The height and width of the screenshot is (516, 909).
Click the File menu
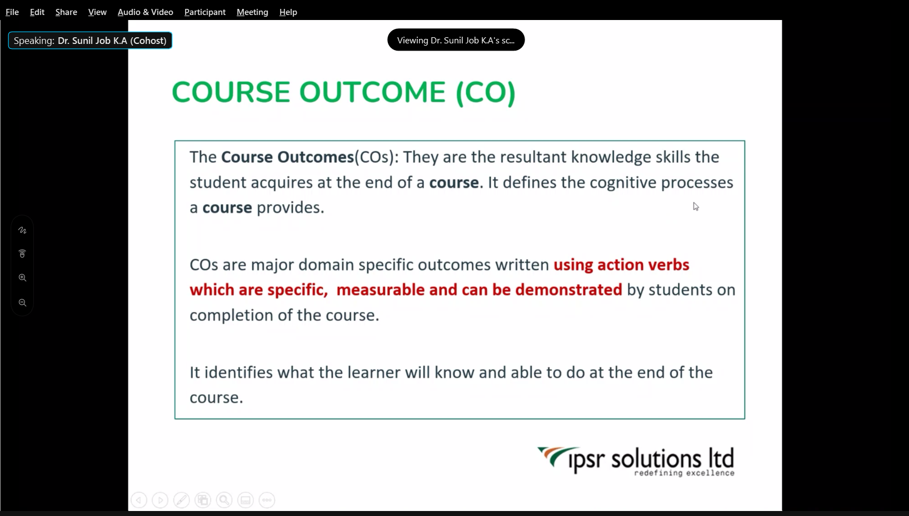(x=12, y=12)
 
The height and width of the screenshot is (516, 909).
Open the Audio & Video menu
(x=145, y=12)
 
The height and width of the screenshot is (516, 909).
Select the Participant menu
(x=205, y=12)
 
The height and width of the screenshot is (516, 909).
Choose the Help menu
(x=288, y=12)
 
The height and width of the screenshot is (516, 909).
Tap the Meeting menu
(x=252, y=12)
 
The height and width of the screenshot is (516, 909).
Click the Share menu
(x=66, y=12)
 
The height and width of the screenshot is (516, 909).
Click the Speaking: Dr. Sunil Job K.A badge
(x=90, y=41)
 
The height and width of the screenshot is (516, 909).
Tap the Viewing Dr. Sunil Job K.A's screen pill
(x=456, y=40)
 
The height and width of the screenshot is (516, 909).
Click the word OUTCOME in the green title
(x=372, y=92)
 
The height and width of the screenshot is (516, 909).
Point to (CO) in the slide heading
(x=486, y=92)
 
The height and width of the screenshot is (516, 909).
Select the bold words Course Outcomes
(x=287, y=157)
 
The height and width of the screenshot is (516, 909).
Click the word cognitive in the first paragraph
(x=623, y=183)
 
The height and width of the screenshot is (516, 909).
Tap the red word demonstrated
(x=568, y=290)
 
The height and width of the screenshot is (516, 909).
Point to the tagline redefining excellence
(x=684, y=473)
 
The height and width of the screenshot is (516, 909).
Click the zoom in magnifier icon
(x=22, y=277)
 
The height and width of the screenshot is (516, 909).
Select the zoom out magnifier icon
(x=22, y=303)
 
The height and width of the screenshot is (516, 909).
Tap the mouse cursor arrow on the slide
(x=696, y=207)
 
